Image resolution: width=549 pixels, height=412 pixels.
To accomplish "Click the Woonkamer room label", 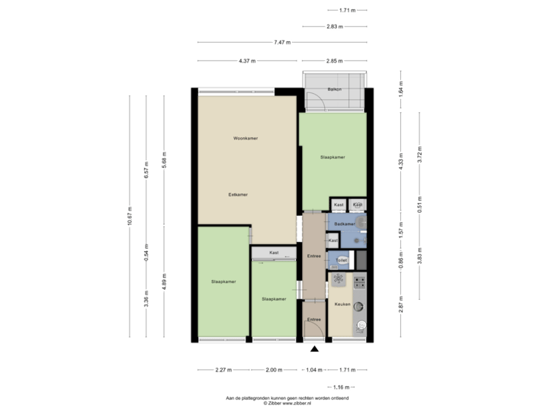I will coord(245,138).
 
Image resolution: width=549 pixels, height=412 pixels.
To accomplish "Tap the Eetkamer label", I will coord(239,195).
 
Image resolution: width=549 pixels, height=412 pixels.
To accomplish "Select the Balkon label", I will coord(333,90).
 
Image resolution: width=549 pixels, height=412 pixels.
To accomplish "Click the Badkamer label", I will coord(345,224).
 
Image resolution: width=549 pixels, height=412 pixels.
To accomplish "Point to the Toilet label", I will coord(342,260).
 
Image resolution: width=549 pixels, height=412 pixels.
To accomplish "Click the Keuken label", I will coord(342,304).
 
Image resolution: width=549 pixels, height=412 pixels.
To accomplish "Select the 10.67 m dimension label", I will coord(130,217).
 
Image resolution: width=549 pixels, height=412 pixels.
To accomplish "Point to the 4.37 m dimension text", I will coord(246,60).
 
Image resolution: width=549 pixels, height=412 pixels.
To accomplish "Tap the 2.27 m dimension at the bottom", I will coord(223,370).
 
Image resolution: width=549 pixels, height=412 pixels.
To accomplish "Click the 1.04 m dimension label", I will coord(312,370).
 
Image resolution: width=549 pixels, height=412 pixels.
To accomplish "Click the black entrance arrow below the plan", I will coord(313,350).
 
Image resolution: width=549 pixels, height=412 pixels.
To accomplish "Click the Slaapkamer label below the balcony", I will coord(332,157).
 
